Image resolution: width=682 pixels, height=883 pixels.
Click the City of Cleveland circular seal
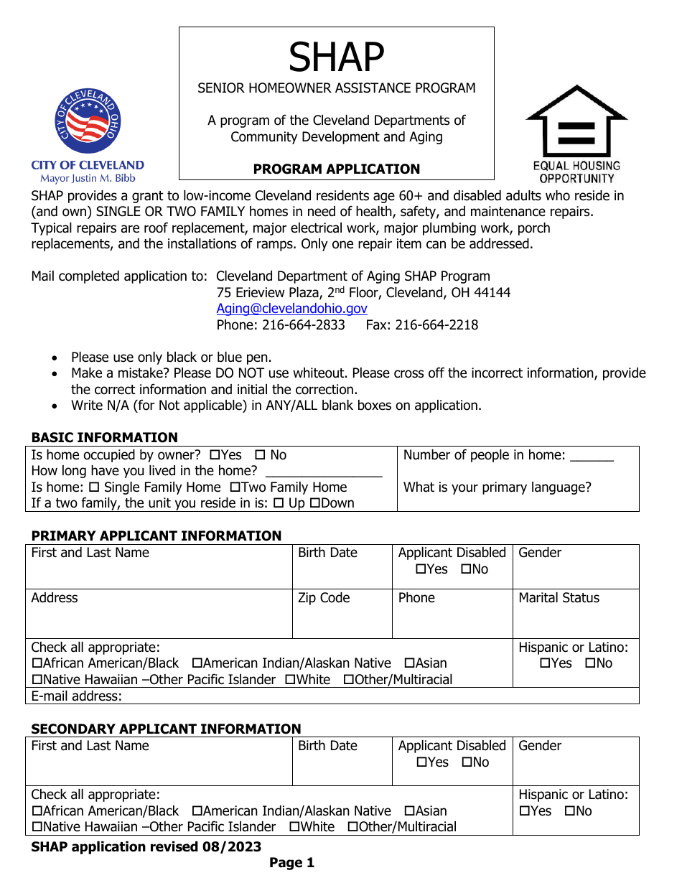pos(88,123)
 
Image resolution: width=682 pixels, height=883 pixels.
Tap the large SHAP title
pos(336,57)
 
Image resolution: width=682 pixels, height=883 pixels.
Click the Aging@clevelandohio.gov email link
pos(291,309)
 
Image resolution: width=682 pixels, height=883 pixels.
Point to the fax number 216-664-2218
pos(422,324)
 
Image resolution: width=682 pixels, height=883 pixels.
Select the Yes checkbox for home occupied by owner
pos(214,455)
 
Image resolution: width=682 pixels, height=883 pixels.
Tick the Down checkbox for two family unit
pos(314,503)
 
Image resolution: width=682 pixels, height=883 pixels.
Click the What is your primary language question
pos(497,487)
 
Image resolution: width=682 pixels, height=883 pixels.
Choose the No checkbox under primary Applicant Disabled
pos(465,569)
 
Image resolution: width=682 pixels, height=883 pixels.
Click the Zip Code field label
pos(324,598)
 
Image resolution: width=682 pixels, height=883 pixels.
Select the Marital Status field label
pos(559,598)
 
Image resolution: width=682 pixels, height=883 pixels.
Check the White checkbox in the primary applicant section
pos(289,680)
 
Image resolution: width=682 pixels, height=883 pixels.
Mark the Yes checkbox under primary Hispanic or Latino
pos(544,663)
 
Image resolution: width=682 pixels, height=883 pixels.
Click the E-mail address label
pos(76,696)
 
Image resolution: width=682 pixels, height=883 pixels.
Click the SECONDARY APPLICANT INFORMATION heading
pos(166,729)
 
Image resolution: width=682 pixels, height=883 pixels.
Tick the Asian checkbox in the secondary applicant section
pos(409,811)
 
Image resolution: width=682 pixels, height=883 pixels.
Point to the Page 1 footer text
pos(291,863)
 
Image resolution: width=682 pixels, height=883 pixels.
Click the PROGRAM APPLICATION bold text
pos(336,169)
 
